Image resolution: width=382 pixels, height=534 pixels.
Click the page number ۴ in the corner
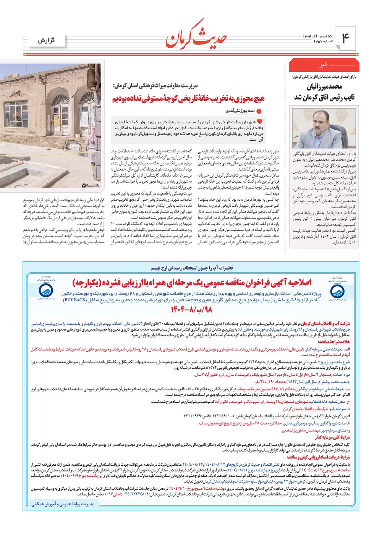(x=345, y=39)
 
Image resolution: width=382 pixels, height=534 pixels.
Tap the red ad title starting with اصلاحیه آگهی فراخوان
(x=192, y=282)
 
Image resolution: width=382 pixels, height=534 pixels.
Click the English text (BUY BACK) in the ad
(x=75, y=300)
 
